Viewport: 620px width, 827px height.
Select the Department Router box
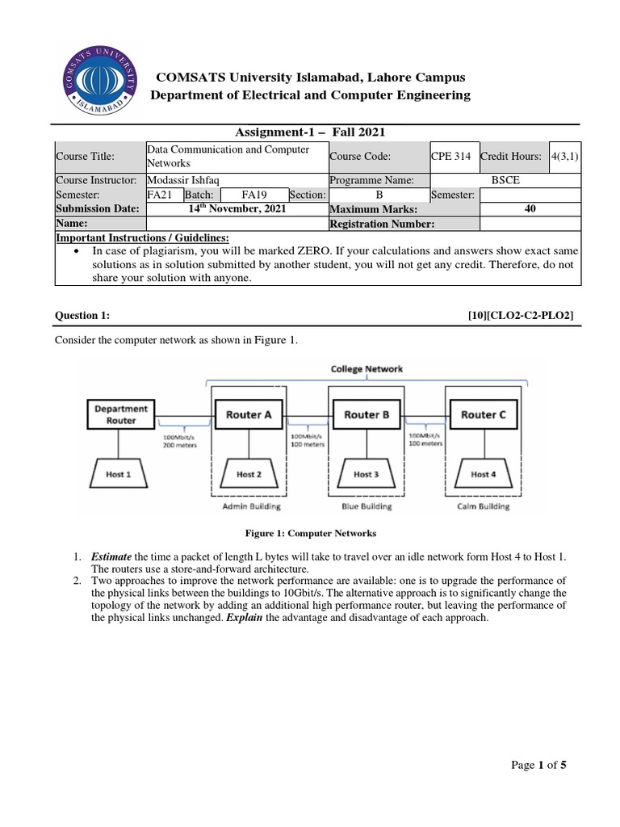click(121, 414)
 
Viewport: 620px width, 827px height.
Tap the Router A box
click(249, 414)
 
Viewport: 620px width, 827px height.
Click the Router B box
click(367, 414)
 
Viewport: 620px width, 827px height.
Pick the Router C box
click(484, 414)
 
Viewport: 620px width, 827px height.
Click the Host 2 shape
click(249, 474)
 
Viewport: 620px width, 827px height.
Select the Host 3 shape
click(367, 474)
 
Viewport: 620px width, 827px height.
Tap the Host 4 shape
click(484, 474)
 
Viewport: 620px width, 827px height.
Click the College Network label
click(367, 368)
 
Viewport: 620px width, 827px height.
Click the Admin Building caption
click(251, 506)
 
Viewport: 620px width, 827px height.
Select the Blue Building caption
click(366, 506)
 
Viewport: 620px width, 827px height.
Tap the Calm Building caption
click(484, 506)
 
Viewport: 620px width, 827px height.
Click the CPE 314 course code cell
click(453, 157)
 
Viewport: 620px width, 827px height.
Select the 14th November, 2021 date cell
click(237, 208)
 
